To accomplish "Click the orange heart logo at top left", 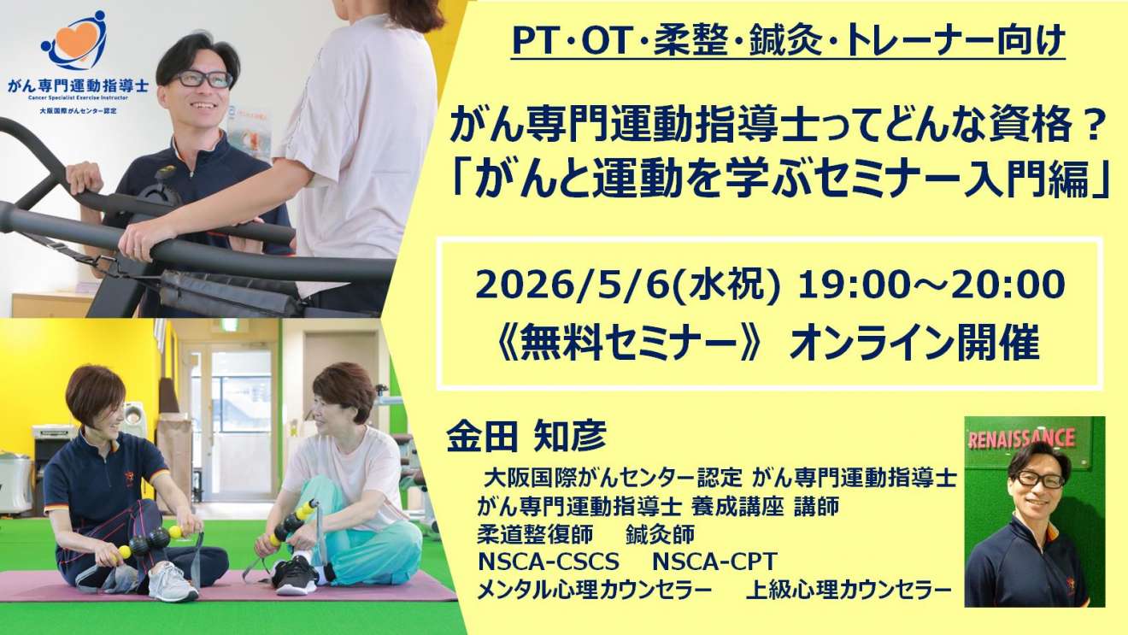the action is tap(77, 38).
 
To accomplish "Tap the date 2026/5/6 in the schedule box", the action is tap(573, 285).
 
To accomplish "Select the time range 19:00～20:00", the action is tap(931, 285).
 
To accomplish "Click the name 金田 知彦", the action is tap(526, 436).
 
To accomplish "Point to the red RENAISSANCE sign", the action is tap(1022, 438).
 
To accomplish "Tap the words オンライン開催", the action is tap(915, 344).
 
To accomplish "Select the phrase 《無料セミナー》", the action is tap(627, 344).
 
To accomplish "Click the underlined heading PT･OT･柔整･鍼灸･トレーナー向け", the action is tap(788, 41).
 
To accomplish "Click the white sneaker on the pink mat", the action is tap(173, 583).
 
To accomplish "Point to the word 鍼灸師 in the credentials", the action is tap(661, 534).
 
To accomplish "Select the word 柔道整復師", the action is tap(535, 534).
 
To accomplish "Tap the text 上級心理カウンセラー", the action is tap(849, 590).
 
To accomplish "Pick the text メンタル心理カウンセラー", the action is tap(594, 590).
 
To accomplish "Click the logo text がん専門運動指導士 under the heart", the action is tap(78, 85).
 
